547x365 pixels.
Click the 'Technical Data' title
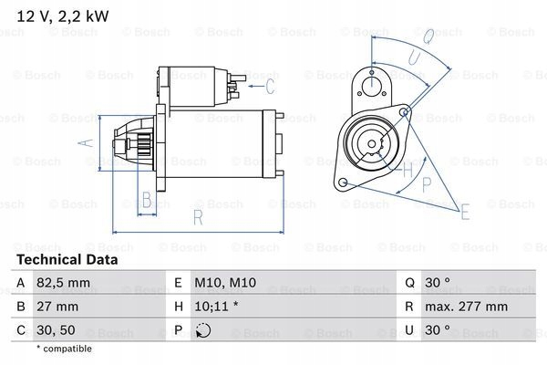click(x=66, y=260)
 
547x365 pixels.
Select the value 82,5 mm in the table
click(x=63, y=285)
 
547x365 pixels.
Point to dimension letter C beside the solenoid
click(x=271, y=88)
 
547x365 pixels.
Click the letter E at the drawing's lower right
click(x=465, y=214)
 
